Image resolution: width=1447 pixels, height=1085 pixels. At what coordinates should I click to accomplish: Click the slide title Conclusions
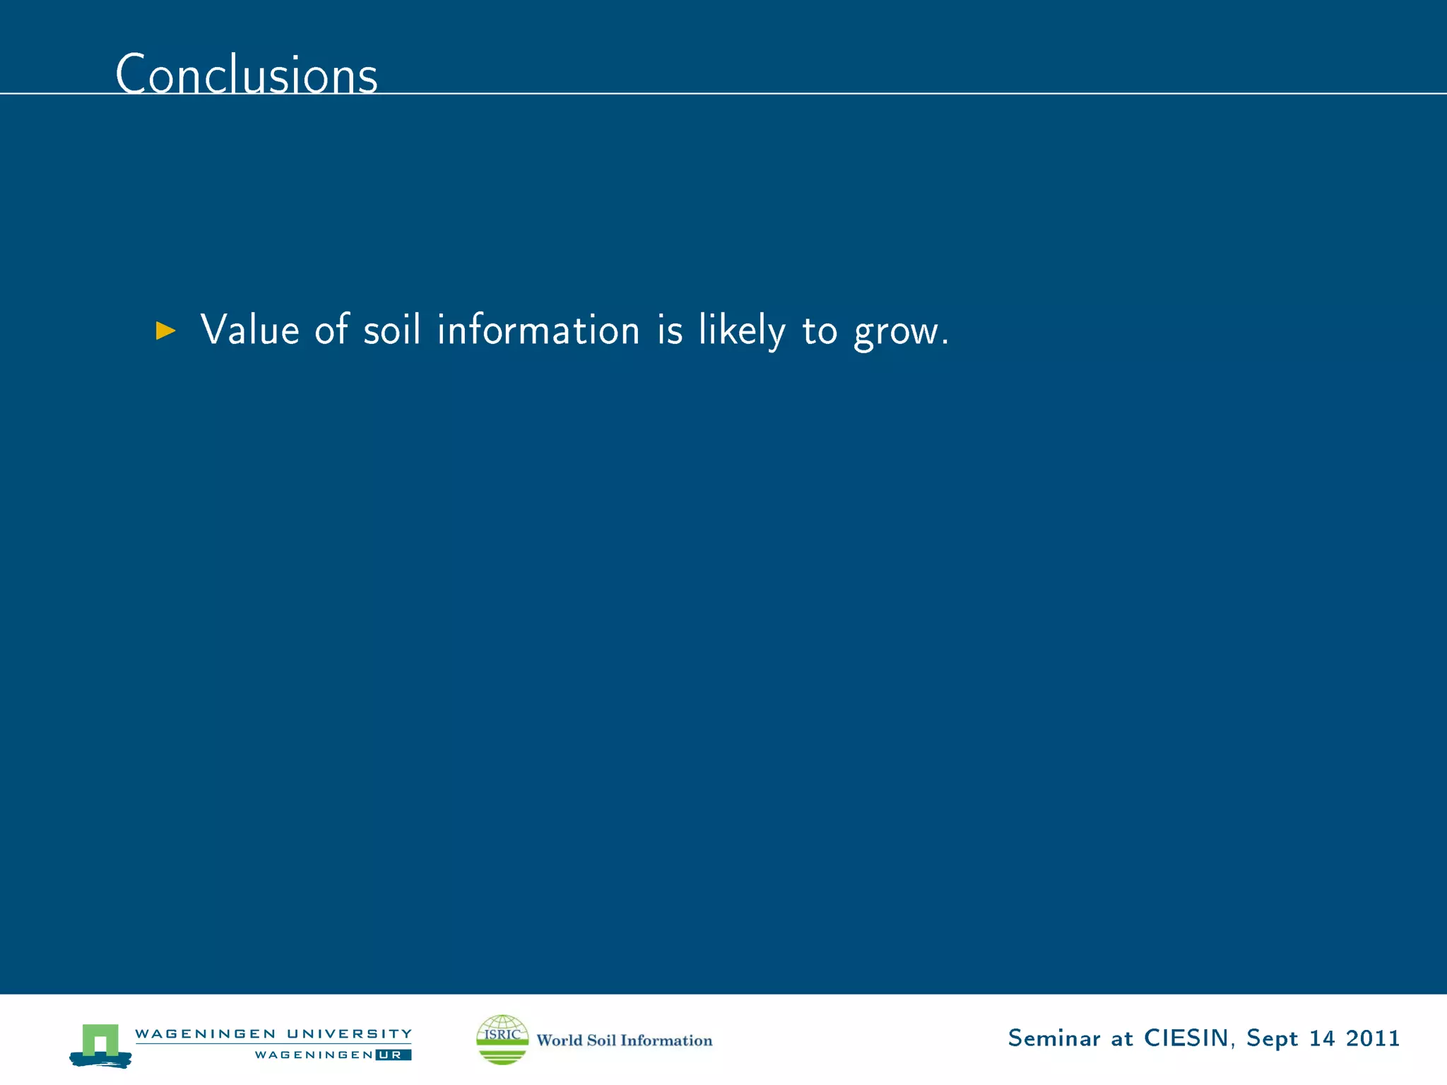(247, 74)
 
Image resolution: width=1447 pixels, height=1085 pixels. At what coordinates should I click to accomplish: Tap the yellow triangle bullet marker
(165, 330)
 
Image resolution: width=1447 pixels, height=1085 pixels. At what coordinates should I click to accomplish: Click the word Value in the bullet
(250, 330)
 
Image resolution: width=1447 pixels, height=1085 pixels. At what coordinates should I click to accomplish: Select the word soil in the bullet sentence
(392, 330)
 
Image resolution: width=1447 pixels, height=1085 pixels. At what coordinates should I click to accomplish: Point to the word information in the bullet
(538, 330)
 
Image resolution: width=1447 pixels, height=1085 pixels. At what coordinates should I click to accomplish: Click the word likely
(741, 330)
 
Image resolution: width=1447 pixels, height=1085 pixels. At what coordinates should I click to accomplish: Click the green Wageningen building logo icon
(100, 1044)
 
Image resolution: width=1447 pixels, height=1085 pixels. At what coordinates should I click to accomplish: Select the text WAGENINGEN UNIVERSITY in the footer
(273, 1033)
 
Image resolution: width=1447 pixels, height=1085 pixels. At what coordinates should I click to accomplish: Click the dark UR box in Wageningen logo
(393, 1055)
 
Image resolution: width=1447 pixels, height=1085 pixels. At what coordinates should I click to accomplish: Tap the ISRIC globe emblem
(502, 1039)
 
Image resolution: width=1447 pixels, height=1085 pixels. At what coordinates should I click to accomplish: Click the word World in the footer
(559, 1040)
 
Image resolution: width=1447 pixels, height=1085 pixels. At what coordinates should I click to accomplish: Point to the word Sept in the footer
(1272, 1039)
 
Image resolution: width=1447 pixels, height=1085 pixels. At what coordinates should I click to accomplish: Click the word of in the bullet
(331, 330)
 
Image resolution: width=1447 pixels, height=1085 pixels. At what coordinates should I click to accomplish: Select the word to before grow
(820, 330)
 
